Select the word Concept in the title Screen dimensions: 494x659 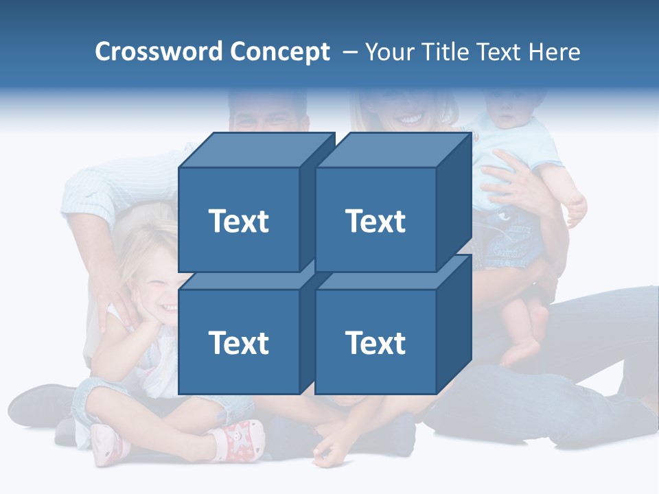pyautogui.click(x=280, y=52)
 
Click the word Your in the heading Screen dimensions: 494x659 pyautogui.click(x=390, y=52)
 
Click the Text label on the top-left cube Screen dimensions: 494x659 pyautogui.click(x=238, y=221)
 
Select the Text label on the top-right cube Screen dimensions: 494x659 pyautogui.click(x=375, y=221)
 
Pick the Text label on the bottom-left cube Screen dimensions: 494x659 pyautogui.click(x=238, y=342)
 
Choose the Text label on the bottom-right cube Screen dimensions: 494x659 pyautogui.click(x=375, y=342)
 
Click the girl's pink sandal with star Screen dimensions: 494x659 pyautogui.click(x=240, y=438)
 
